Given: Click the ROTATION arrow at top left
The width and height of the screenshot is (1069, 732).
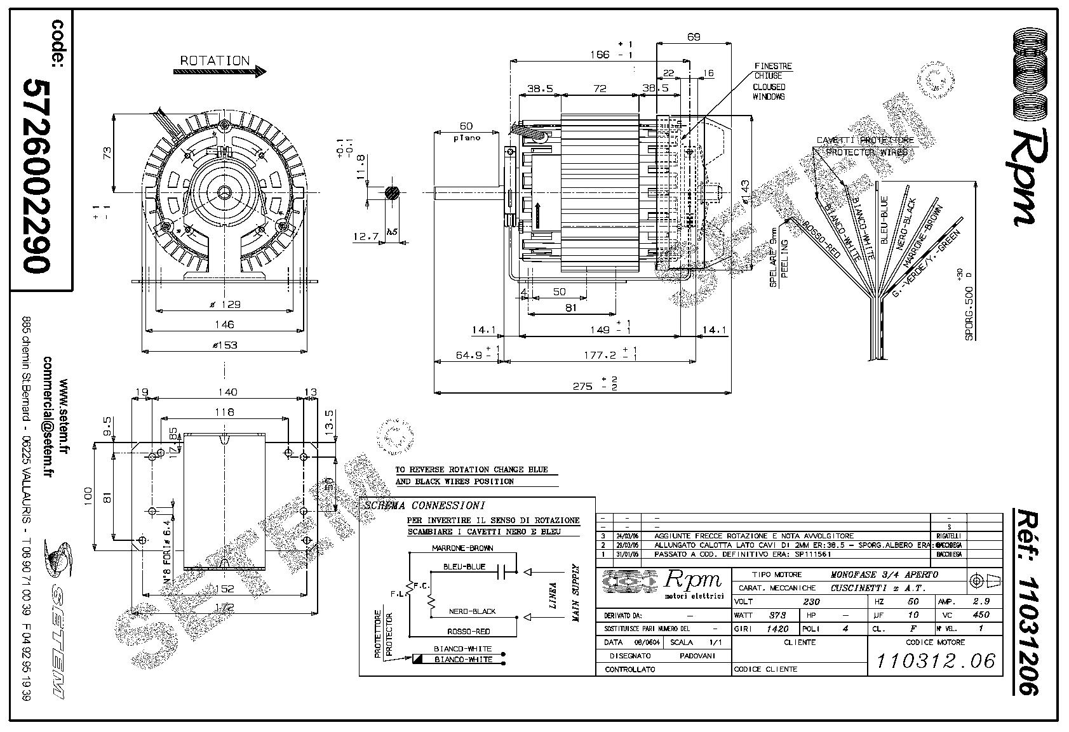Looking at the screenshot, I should pos(220,72).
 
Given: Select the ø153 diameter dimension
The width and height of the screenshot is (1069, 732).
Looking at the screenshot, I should pos(224,345).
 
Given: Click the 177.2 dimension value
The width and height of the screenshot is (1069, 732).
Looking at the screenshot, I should pos(599,356).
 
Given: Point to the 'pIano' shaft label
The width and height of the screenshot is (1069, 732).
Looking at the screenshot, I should pos(466,138).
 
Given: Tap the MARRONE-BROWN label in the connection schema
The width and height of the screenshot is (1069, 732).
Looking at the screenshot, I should pos(462,547).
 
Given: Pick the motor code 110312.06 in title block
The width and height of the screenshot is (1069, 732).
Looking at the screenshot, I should pos(935,661).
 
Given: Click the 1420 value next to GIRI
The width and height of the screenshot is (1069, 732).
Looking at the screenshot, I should pos(777,629).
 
